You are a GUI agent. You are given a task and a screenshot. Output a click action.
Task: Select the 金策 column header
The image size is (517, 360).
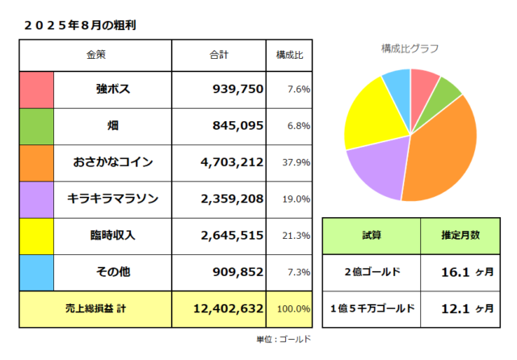pyautogui.click(x=96, y=55)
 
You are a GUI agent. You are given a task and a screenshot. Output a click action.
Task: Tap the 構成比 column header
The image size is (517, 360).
pyautogui.click(x=289, y=55)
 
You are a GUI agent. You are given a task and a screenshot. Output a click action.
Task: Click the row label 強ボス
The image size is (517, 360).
pyautogui.click(x=113, y=88)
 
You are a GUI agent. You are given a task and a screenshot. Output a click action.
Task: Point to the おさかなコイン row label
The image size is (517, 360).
pyautogui.click(x=113, y=162)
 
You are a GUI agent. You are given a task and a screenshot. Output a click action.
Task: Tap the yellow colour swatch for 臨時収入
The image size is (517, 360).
pyautogui.click(x=36, y=235)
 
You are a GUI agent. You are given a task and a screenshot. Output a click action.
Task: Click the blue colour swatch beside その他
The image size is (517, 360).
pyautogui.click(x=36, y=272)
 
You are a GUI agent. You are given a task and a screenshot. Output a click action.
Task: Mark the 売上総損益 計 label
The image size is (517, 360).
pyautogui.click(x=96, y=308)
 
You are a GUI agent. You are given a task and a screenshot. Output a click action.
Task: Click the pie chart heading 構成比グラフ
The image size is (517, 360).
pyautogui.click(x=410, y=48)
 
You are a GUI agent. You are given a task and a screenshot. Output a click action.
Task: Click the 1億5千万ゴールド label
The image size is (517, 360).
pyautogui.click(x=372, y=308)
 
